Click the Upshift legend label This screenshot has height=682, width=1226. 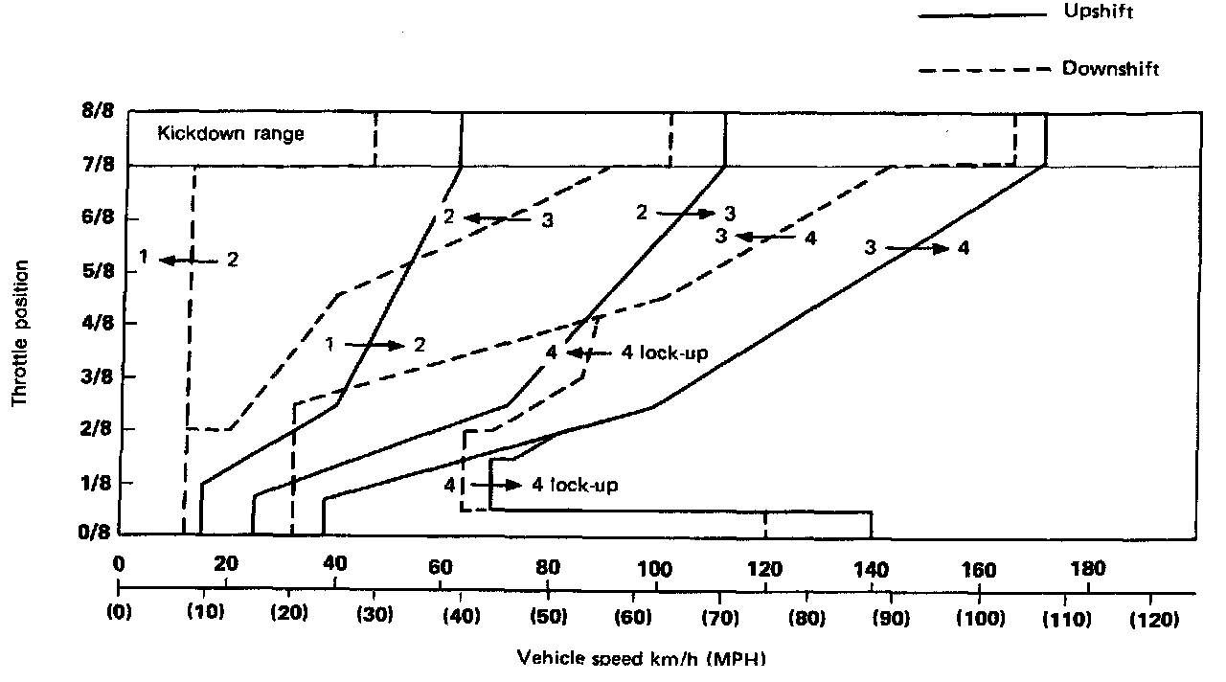1100,13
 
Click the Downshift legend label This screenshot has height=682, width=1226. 1110,69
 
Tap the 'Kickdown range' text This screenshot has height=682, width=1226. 231,134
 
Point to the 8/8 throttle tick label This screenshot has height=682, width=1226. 97,111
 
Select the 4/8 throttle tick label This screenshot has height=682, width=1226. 97,324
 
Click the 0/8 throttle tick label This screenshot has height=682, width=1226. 97,534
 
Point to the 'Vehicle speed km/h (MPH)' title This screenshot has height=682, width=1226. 642,659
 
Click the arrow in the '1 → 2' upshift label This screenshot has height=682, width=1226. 374,344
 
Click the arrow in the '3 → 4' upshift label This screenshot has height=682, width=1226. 917,248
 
